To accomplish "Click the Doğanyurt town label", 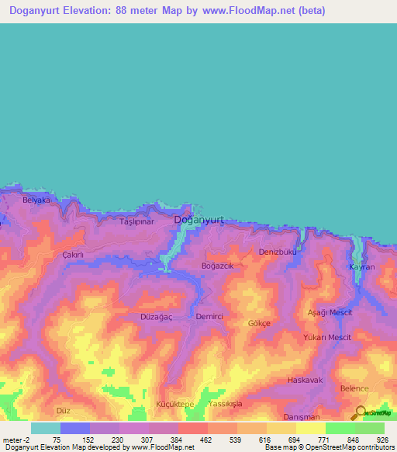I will pyautogui.click(x=199, y=220).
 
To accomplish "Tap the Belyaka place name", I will pyautogui.click(x=36, y=200).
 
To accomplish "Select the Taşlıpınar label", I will pyautogui.click(x=137, y=222).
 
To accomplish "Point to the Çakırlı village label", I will pyautogui.click(x=72, y=255).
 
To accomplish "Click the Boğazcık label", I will pyautogui.click(x=217, y=266).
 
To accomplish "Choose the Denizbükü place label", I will pyautogui.click(x=278, y=252).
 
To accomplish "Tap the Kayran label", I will pyautogui.click(x=362, y=267).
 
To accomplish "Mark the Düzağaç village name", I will pyautogui.click(x=156, y=317).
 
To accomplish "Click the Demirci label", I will pyautogui.click(x=209, y=317).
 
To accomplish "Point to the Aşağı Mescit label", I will pyautogui.click(x=330, y=311).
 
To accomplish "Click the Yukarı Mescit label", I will pyautogui.click(x=327, y=338).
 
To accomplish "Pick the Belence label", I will pyautogui.click(x=354, y=388).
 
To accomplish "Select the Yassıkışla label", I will pyautogui.click(x=226, y=405).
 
